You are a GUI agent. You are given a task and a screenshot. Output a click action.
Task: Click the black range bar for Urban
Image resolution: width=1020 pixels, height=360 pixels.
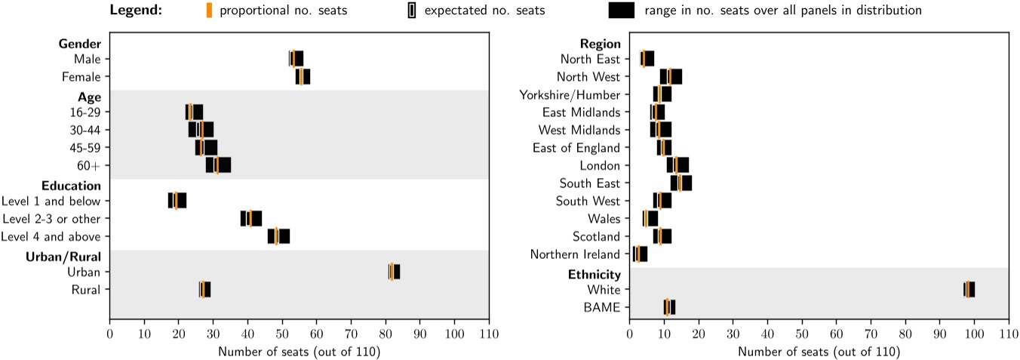point(395,272)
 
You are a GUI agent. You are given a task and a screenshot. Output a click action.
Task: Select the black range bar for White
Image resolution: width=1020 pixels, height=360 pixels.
point(969,289)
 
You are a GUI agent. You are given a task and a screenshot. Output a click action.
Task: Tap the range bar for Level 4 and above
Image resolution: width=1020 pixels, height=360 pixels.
point(278,236)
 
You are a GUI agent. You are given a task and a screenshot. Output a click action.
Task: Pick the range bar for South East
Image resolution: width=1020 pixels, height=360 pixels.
point(681,183)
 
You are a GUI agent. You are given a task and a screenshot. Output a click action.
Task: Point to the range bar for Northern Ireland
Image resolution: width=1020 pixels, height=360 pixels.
point(641,254)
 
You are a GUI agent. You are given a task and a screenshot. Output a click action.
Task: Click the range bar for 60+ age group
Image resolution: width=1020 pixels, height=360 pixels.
point(219,165)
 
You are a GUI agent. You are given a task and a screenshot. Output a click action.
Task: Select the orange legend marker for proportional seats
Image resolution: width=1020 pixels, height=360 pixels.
point(209,11)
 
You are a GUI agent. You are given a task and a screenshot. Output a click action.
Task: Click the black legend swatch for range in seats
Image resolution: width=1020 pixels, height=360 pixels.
point(621,11)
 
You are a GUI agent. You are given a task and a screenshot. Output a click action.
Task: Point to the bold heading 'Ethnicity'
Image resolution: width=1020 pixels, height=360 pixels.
point(594,274)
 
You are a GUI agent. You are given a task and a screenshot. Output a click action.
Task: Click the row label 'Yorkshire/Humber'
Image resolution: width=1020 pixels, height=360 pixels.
point(570,94)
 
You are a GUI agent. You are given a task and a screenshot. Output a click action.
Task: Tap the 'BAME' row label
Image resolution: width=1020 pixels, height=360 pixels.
point(604,307)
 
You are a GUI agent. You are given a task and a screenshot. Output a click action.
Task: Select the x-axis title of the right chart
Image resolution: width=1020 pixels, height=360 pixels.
point(819,351)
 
